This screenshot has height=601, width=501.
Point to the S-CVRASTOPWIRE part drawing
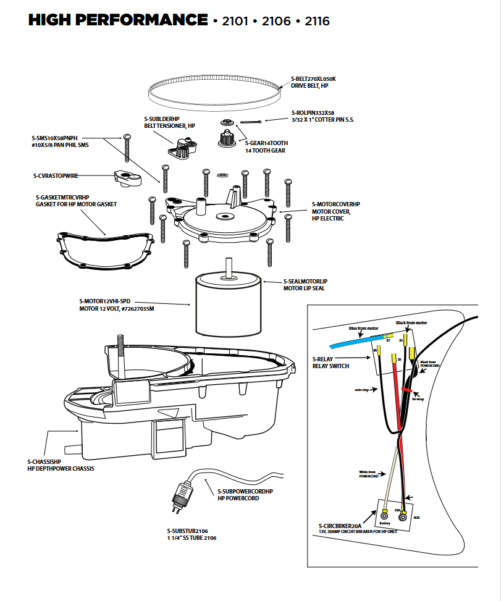click(x=128, y=179)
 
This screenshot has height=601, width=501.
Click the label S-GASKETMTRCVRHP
click(x=62, y=198)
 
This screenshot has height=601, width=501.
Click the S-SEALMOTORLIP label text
click(x=308, y=281)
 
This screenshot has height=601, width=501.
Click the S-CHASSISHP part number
click(x=44, y=461)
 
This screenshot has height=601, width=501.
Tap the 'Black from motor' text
click(x=411, y=323)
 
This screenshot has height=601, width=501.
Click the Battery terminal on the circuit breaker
click(x=385, y=515)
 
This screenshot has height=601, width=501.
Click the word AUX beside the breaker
click(x=417, y=517)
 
